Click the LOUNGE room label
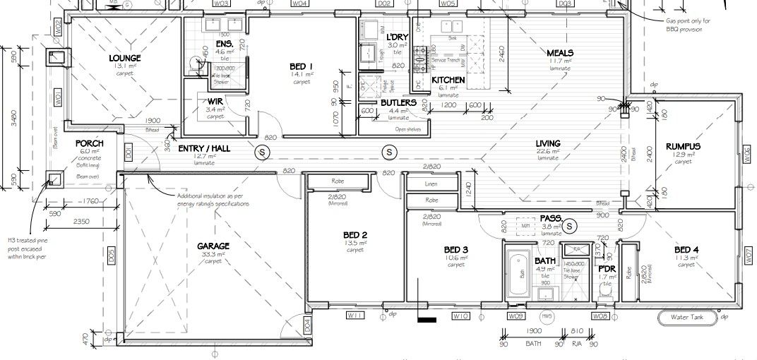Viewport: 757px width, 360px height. tap(125, 58)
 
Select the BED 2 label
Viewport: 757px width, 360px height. tap(355, 235)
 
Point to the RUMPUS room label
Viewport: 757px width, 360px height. tap(682, 146)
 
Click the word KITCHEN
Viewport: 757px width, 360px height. tap(448, 80)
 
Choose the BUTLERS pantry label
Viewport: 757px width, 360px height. tap(398, 103)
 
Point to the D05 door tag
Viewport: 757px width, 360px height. tap(111, 258)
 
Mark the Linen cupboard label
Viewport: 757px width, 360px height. tap(431, 184)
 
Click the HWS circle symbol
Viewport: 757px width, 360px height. tap(546, 316)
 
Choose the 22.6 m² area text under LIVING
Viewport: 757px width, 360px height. tap(548, 150)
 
